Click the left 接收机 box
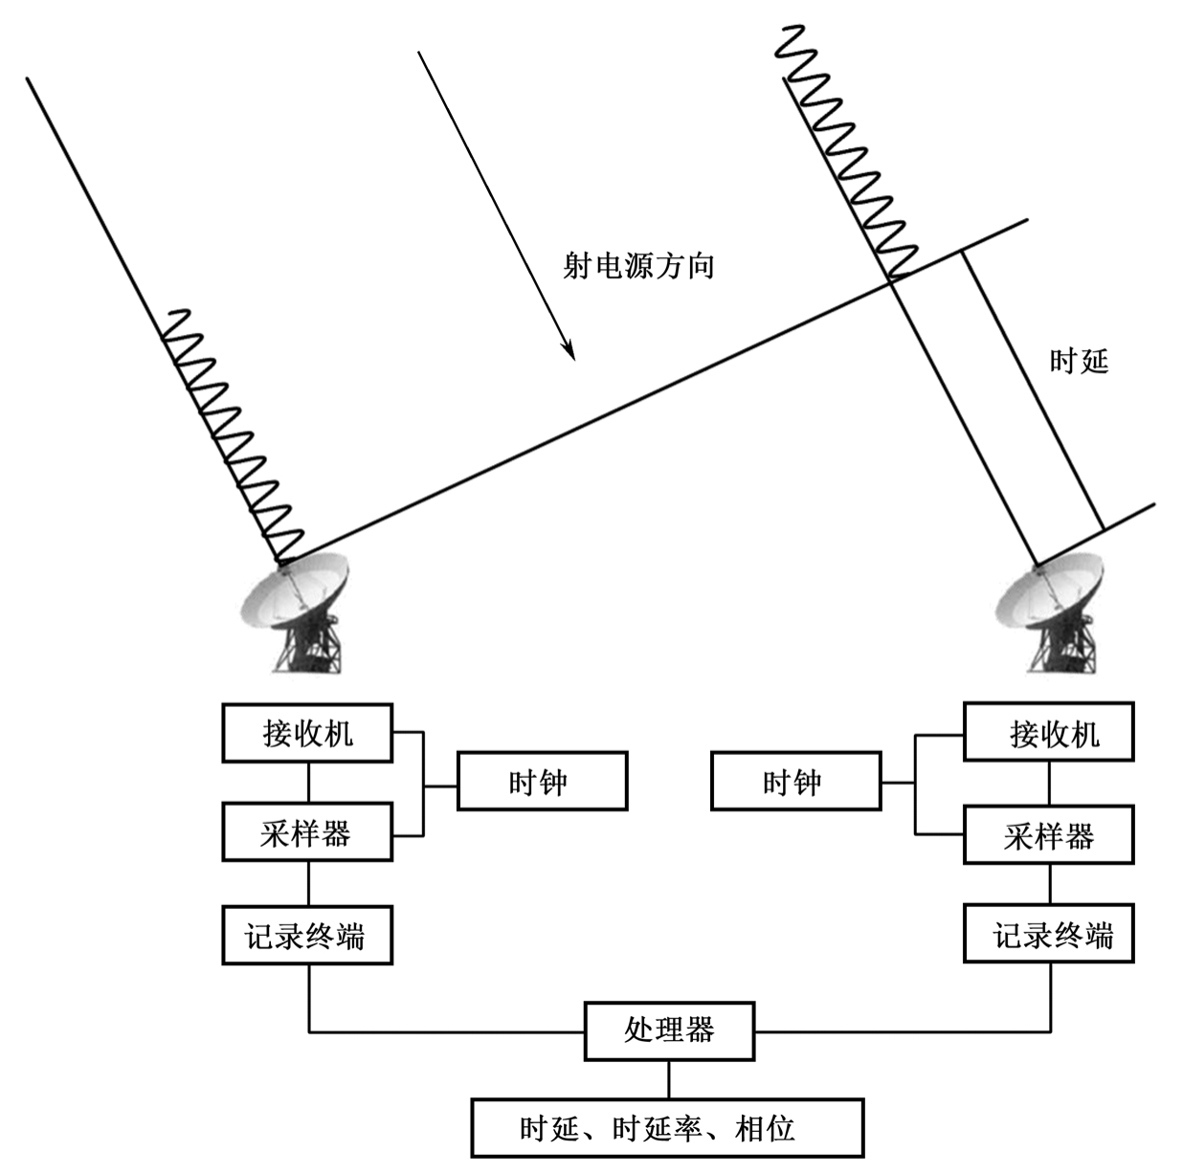[307, 734]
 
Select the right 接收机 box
[1048, 734]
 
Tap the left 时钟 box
[542, 782]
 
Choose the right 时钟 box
[794, 782]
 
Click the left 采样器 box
[307, 832]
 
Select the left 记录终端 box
[307, 935]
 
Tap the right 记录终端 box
[1048, 935]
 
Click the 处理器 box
[669, 1030]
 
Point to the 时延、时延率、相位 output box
[667, 1128]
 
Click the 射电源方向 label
[638, 265]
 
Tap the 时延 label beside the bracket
[1079, 362]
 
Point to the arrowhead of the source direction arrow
[570, 353]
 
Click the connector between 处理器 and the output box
[668, 1079]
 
